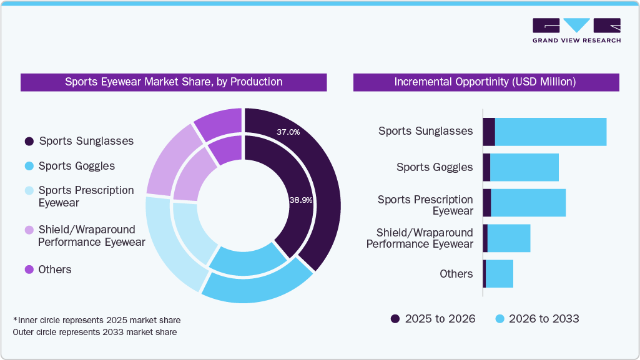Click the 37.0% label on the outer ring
[x=288, y=132]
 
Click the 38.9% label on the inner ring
[x=300, y=200]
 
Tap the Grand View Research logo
[x=576, y=31]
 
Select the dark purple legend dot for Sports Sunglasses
[x=29, y=141]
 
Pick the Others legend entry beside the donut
[x=55, y=270]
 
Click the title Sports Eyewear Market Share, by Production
[x=174, y=82]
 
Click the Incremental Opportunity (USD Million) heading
[x=486, y=82]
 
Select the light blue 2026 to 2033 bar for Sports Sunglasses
[x=550, y=132]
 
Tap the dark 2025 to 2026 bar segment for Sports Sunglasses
[x=489, y=132]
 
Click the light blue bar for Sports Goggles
[x=524, y=167]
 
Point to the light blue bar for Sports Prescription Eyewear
[x=528, y=203]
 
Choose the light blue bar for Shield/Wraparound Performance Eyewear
[x=508, y=238]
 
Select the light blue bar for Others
[x=499, y=274]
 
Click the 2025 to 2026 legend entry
[x=433, y=319]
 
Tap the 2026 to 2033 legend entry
[x=537, y=319]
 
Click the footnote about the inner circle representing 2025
[x=97, y=320]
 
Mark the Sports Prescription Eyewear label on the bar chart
[x=425, y=205]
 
